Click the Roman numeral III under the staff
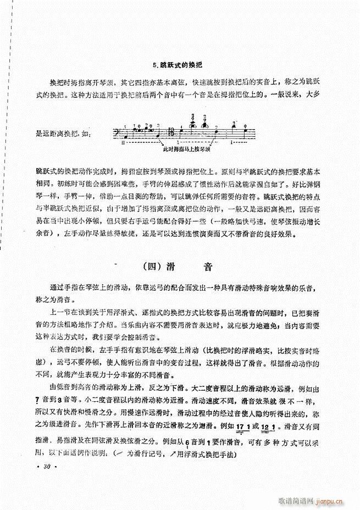tap(124, 142)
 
